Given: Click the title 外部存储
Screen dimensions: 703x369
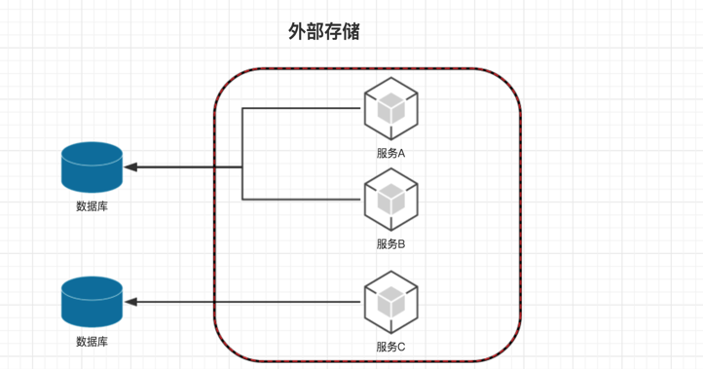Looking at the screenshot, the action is (323, 32).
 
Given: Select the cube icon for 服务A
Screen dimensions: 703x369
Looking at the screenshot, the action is (391, 108).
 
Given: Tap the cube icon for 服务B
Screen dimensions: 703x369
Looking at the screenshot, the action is (391, 200).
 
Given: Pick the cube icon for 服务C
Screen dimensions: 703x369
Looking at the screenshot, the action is (391, 302).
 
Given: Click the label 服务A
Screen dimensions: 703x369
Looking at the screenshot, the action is (391, 153).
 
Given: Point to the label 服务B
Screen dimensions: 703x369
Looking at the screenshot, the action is (391, 244).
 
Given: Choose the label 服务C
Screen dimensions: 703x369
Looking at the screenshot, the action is (391, 347).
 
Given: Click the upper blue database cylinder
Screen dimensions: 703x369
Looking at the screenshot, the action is (92, 167).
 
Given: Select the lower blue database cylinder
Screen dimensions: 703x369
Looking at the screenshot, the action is (92, 302).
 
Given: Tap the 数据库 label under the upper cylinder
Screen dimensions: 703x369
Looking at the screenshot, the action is (92, 206).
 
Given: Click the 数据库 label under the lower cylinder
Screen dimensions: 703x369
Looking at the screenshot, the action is (92, 342).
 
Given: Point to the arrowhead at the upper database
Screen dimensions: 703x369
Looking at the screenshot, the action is (130, 167).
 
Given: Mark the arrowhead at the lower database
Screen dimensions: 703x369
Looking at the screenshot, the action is (130, 302).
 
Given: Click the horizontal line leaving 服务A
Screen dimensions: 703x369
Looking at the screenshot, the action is (301, 108).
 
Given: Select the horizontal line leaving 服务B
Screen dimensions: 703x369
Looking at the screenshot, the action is (301, 199).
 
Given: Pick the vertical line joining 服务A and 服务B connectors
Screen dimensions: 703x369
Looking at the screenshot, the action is (242, 154).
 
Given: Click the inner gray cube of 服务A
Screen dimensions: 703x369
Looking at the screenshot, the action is (391, 108).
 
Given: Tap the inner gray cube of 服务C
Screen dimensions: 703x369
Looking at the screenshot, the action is (391, 302).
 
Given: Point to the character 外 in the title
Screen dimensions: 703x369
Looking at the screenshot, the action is (297, 32).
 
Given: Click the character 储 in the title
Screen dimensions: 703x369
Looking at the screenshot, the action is (351, 32).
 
